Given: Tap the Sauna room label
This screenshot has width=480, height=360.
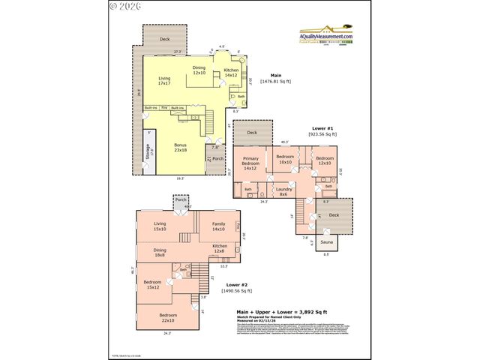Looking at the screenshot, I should tap(328, 243).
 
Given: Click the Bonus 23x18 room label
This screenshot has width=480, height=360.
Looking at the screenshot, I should tap(181, 148).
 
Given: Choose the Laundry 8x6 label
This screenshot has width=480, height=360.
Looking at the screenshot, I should tap(283, 191).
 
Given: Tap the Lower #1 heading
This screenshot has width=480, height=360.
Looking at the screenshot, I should tap(322, 129).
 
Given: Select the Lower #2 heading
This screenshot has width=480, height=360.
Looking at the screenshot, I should tap(237, 285).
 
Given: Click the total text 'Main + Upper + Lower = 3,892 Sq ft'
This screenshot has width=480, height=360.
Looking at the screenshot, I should tap(280, 311).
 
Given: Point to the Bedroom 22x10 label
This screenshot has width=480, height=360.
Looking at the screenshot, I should tap(168, 317).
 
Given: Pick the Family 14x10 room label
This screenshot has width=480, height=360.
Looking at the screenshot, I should tap(218, 226).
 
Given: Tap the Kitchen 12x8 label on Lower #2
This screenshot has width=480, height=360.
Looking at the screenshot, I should tap(220, 248).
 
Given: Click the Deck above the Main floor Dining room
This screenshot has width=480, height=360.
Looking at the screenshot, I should tap(164, 38).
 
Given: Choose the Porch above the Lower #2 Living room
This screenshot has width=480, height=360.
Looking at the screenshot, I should tap(181, 200).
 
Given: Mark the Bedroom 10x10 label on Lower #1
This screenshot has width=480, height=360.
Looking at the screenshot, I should tap(286, 160).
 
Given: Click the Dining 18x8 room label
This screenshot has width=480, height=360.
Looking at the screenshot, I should tap(160, 252).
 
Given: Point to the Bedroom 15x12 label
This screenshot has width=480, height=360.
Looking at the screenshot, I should tap(152, 286).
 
